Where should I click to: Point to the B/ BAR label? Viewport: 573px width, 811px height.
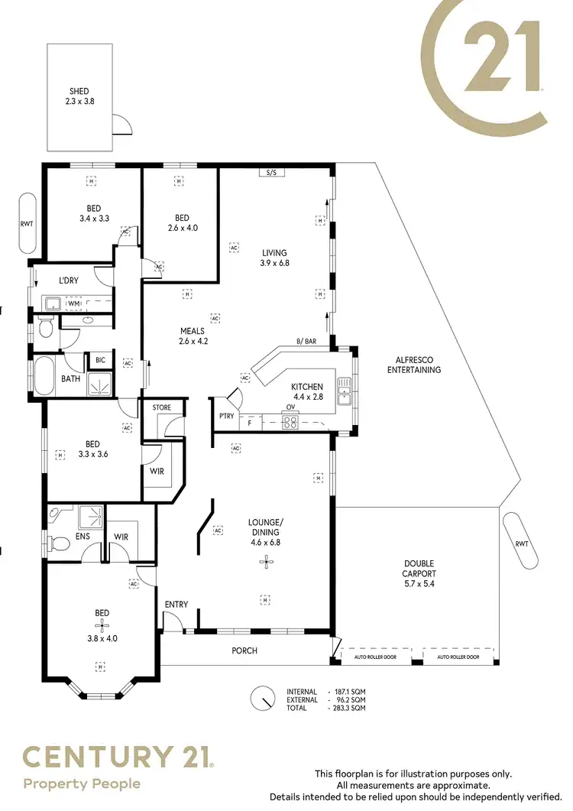pos(306,341)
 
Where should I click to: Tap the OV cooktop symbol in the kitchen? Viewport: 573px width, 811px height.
pos(290,421)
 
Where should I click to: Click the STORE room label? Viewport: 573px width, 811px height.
pos(161,407)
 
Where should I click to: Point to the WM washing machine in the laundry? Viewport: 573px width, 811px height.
pos(74,304)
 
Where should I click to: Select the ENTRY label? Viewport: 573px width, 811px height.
pos(176,605)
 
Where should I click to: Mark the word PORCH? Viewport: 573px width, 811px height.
pos(244,651)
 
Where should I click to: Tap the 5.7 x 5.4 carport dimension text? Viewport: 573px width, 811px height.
pos(419,584)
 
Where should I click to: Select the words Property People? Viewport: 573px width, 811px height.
pos(82,783)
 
